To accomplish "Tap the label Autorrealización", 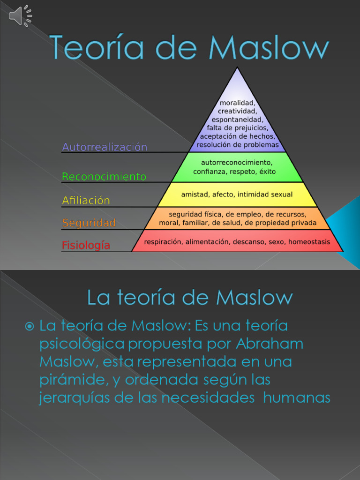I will tap(105, 147).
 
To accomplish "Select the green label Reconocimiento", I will tap(104, 177).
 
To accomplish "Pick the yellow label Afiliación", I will tap(86, 201).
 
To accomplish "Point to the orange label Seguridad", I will tap(89, 223).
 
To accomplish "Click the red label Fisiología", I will tap(86, 245).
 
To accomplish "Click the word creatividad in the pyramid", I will tap(237, 111).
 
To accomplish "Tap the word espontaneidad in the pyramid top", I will tap(237, 120).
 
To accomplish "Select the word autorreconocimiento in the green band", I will tap(237, 163).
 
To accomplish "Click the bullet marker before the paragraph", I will tap(30, 325).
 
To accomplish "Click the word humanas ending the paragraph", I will tap(297, 398).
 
